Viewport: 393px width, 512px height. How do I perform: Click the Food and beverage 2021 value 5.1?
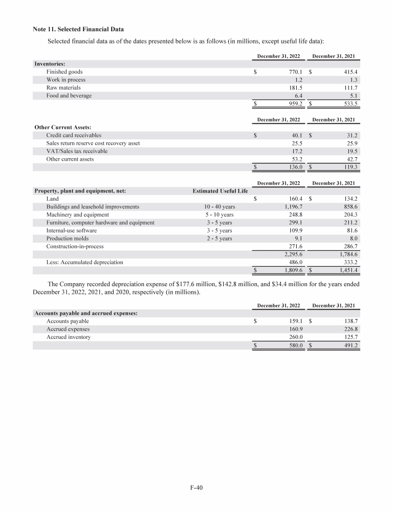(x=352, y=96)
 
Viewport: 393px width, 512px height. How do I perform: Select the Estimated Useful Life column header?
(x=220, y=191)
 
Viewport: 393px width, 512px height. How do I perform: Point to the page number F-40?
(x=196, y=488)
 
